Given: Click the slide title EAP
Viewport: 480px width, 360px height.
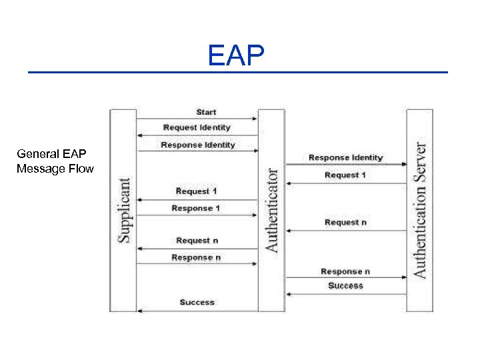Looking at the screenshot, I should tap(236, 56).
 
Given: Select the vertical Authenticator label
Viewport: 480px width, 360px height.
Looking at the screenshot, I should tap(272, 209).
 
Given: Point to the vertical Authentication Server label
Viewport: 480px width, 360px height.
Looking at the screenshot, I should tap(420, 209).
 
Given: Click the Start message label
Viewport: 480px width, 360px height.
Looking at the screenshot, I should tap(206, 112).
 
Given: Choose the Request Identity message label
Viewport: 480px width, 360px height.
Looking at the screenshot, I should tap(197, 127).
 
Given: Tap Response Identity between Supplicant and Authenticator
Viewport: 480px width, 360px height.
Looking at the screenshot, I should tap(197, 145).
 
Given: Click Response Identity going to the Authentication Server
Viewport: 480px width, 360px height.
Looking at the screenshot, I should tap(345, 157).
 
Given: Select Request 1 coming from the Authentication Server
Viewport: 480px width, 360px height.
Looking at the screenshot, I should tap(345, 175).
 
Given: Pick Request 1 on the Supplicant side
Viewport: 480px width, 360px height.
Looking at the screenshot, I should tap(197, 191).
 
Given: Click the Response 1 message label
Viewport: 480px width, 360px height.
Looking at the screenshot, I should tap(196, 208).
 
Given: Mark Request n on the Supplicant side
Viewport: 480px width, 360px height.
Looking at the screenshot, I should tap(197, 240).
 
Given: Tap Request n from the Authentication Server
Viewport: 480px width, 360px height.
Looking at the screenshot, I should tap(345, 222).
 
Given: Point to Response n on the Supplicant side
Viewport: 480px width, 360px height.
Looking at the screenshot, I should tap(196, 257).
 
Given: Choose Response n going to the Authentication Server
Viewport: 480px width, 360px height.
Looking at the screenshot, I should tap(345, 271).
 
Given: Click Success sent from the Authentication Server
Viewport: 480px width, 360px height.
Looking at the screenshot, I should tap(345, 285).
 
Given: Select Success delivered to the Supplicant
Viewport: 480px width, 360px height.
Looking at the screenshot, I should tap(197, 302).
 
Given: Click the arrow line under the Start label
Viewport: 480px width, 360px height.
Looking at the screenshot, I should tap(197, 119).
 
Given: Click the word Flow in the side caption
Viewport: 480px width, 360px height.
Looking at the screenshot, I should tap(80, 169).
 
